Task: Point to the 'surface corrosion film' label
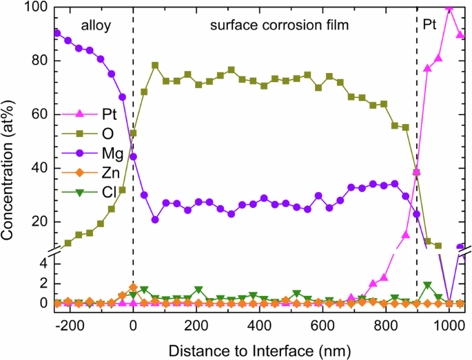point(277,25)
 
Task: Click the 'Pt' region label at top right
point(431,25)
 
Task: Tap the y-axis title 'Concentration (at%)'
point(10,156)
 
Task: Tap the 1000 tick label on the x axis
point(449,324)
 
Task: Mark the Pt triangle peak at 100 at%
point(449,8)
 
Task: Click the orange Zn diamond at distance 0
point(133,288)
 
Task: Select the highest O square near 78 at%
point(155,65)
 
